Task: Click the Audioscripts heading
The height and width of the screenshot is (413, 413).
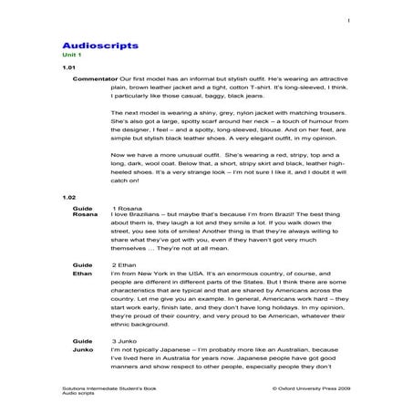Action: pos(100,43)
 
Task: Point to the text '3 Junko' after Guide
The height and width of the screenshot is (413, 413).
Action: pos(124,339)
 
